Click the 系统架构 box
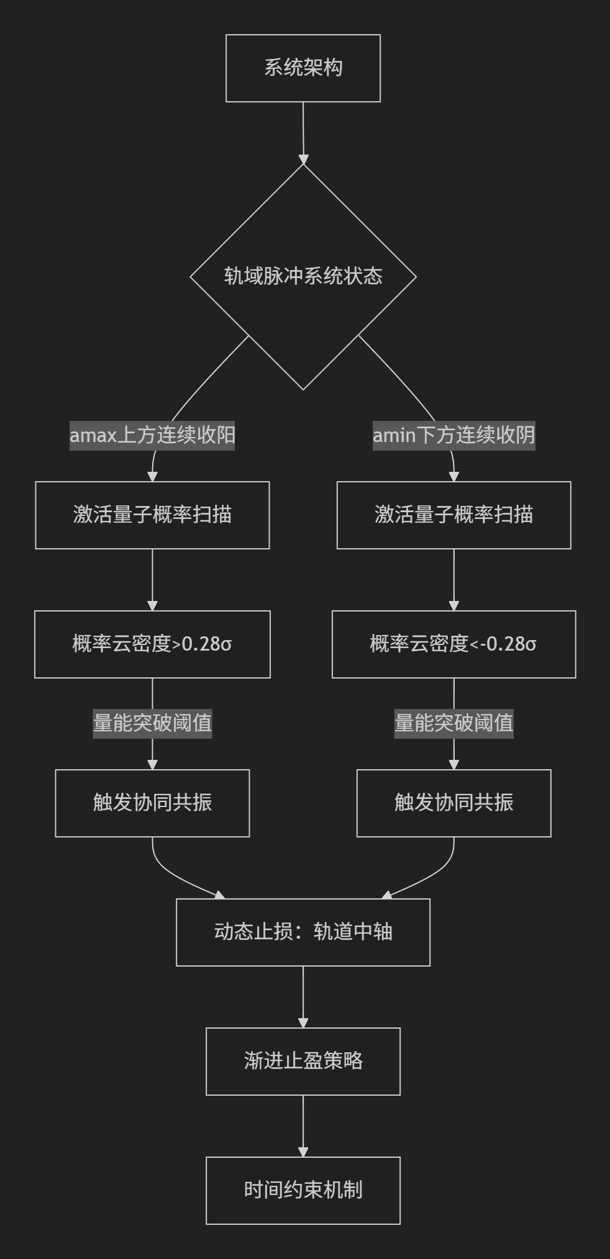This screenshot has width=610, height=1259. [x=303, y=68]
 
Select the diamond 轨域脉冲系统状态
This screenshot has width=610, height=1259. [x=303, y=277]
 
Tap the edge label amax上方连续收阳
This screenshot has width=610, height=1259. [x=152, y=435]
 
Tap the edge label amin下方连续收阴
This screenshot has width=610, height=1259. [x=453, y=435]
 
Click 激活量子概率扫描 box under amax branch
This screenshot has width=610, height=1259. [x=152, y=515]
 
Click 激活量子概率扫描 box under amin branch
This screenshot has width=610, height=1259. [x=453, y=515]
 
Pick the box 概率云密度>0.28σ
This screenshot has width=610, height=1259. [x=152, y=644]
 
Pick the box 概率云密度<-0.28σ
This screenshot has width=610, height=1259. [x=453, y=644]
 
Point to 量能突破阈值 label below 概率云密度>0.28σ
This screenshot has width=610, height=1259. [x=152, y=723]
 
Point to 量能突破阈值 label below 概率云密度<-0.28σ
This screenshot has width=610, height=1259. [x=453, y=723]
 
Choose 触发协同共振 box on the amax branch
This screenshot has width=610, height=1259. [x=152, y=803]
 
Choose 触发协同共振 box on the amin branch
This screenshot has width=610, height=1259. [x=453, y=803]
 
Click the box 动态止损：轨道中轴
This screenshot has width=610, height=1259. [x=303, y=932]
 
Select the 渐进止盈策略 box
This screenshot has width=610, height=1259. [x=303, y=1062]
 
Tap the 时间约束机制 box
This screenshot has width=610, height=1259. [x=303, y=1191]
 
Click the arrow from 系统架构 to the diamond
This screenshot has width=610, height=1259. [x=303, y=133]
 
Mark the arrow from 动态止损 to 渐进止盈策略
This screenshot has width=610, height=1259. [x=303, y=997]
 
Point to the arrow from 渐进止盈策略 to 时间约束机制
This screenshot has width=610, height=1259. [x=303, y=1126]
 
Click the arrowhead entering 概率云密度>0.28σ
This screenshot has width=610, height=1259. [x=152, y=605]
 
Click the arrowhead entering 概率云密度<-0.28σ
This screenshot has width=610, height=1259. [x=453, y=605]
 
